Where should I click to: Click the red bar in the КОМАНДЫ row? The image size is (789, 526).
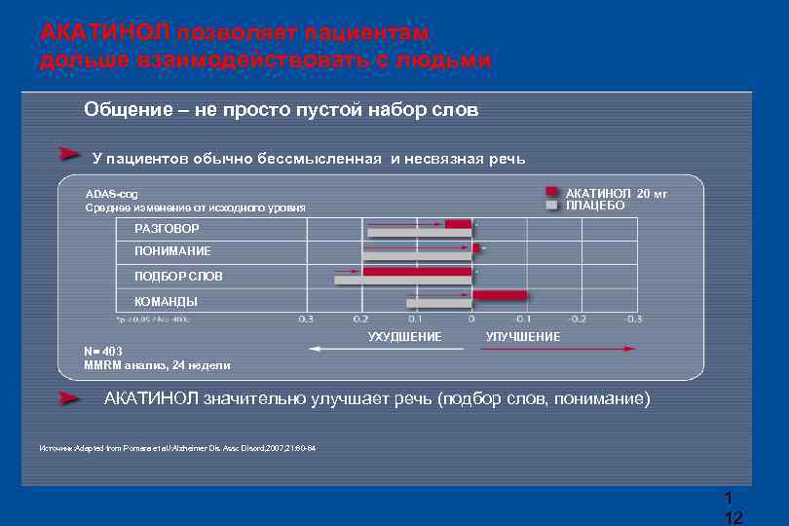point(500,295)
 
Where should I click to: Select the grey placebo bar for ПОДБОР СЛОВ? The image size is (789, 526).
point(403,281)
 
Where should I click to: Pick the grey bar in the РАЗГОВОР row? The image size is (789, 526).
point(419,234)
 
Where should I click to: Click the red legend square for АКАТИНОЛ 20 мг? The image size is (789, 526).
point(551,193)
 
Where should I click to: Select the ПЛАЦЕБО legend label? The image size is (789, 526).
point(595,206)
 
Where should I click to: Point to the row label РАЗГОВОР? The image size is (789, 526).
point(167,229)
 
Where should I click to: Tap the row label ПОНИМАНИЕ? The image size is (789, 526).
point(172,251)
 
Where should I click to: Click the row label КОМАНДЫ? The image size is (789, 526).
point(166,302)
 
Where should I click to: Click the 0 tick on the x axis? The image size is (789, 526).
point(471,319)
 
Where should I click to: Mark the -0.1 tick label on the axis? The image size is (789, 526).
point(523,319)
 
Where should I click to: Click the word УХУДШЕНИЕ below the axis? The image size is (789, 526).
point(404,336)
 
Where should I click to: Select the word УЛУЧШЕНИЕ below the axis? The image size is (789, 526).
point(523,336)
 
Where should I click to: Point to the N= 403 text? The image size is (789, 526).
point(104,353)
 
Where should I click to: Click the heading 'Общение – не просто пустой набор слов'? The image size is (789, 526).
point(282,109)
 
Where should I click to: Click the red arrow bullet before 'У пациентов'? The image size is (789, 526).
point(68,155)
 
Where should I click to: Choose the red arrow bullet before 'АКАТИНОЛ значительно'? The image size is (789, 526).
point(68,398)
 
